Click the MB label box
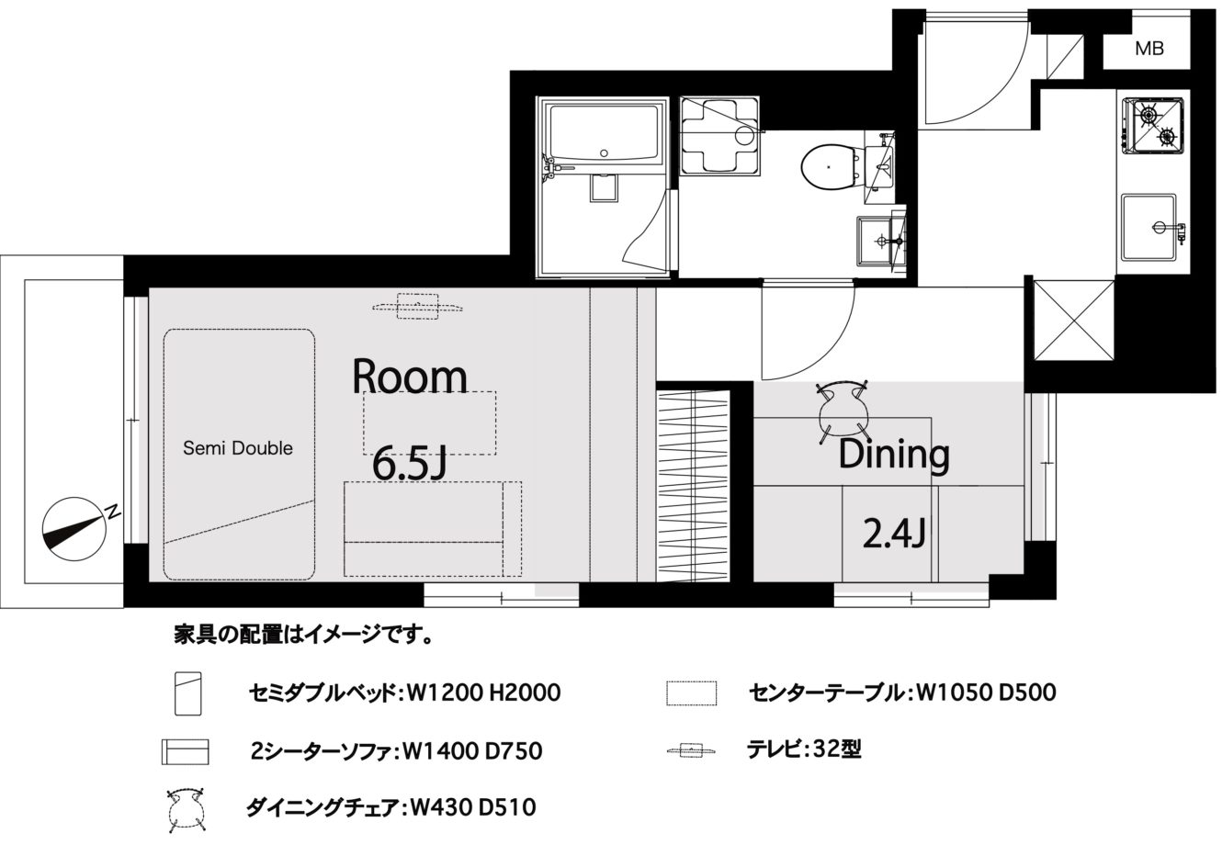coord(1146,49)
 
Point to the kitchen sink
coord(1148,226)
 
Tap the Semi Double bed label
coord(238,448)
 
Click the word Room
coord(410,377)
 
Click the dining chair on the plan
coord(843,411)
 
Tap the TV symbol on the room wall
coord(417,307)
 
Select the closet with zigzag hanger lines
coord(694,486)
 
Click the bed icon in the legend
coord(188,693)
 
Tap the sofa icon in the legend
coord(185,752)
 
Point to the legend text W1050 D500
coord(987,693)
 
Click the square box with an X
coord(1073,320)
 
